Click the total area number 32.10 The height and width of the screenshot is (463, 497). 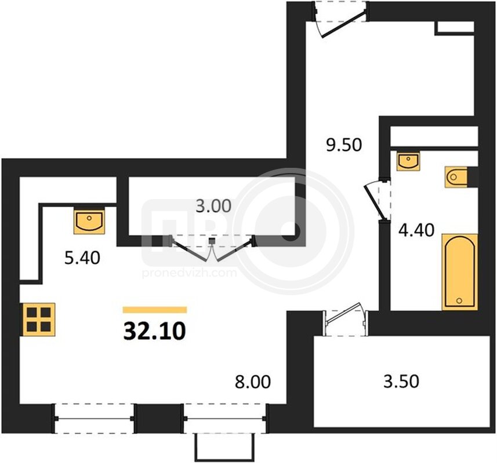click(x=155, y=332)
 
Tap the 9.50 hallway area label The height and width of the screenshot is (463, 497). click(x=344, y=145)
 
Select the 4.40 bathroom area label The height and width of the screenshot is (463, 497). click(x=416, y=230)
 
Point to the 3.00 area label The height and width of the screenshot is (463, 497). click(x=213, y=206)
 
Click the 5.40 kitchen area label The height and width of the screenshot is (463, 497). click(x=82, y=258)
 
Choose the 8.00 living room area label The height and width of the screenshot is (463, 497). click(x=253, y=382)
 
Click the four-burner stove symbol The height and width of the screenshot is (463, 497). click(x=39, y=319)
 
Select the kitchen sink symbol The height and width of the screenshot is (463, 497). click(x=89, y=221)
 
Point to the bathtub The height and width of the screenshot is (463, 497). click(x=460, y=272)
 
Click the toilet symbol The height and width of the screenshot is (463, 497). click(x=456, y=177)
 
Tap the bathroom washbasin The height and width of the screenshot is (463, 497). click(x=408, y=161)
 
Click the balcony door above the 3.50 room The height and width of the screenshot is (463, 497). click(x=346, y=319)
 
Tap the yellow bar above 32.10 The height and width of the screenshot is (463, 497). click(x=155, y=310)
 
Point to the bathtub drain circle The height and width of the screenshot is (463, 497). click(x=460, y=300)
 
